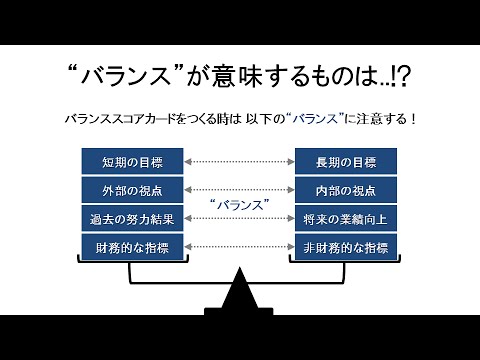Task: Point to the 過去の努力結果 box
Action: point(131,218)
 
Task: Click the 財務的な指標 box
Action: point(131,246)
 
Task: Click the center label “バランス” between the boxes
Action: point(238,204)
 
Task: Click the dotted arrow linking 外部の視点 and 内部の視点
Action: point(238,189)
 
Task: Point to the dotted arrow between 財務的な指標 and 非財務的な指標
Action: point(238,246)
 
